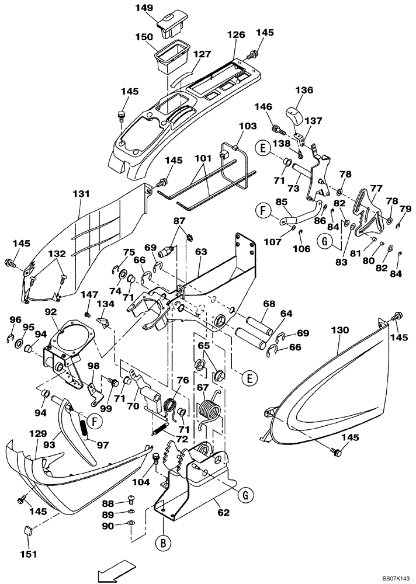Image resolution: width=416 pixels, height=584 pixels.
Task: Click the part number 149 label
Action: (x=145, y=8)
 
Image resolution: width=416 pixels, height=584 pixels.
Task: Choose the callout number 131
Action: (x=80, y=194)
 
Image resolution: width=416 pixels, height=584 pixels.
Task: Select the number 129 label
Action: (x=37, y=434)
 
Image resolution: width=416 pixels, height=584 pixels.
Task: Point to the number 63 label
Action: (x=202, y=252)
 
